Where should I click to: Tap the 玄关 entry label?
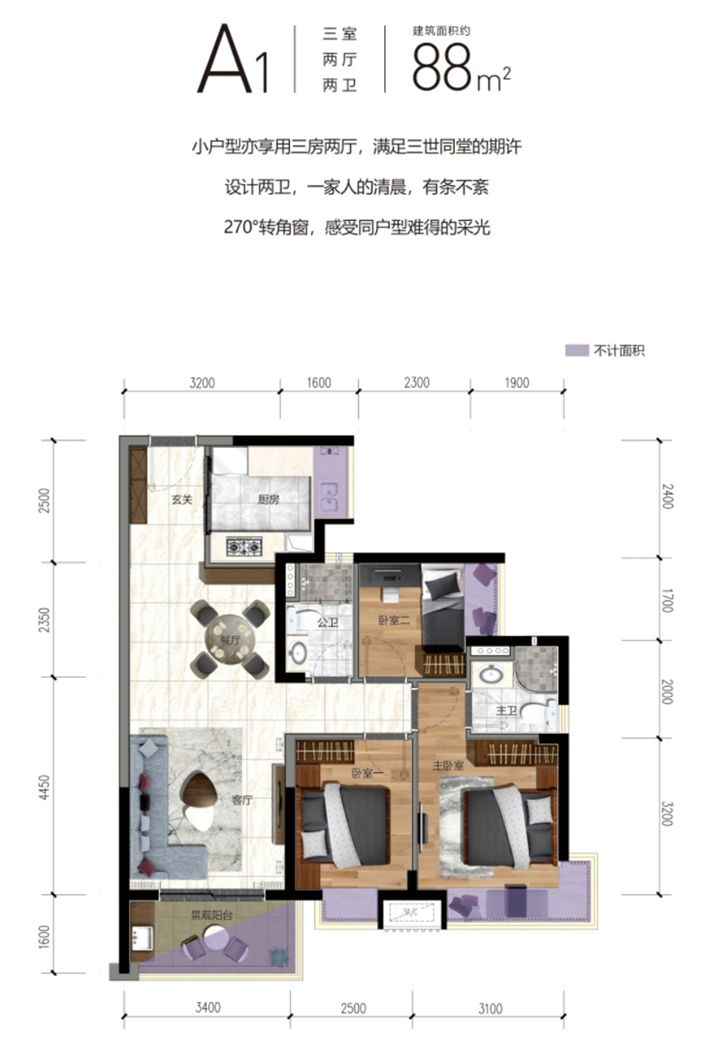[182, 500]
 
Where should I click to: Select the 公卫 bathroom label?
[328, 621]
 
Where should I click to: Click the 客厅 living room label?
[241, 802]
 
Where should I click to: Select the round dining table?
[230, 638]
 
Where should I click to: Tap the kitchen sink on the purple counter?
[329, 496]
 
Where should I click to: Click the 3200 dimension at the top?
[203, 382]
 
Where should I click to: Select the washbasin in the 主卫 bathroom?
[493, 674]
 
